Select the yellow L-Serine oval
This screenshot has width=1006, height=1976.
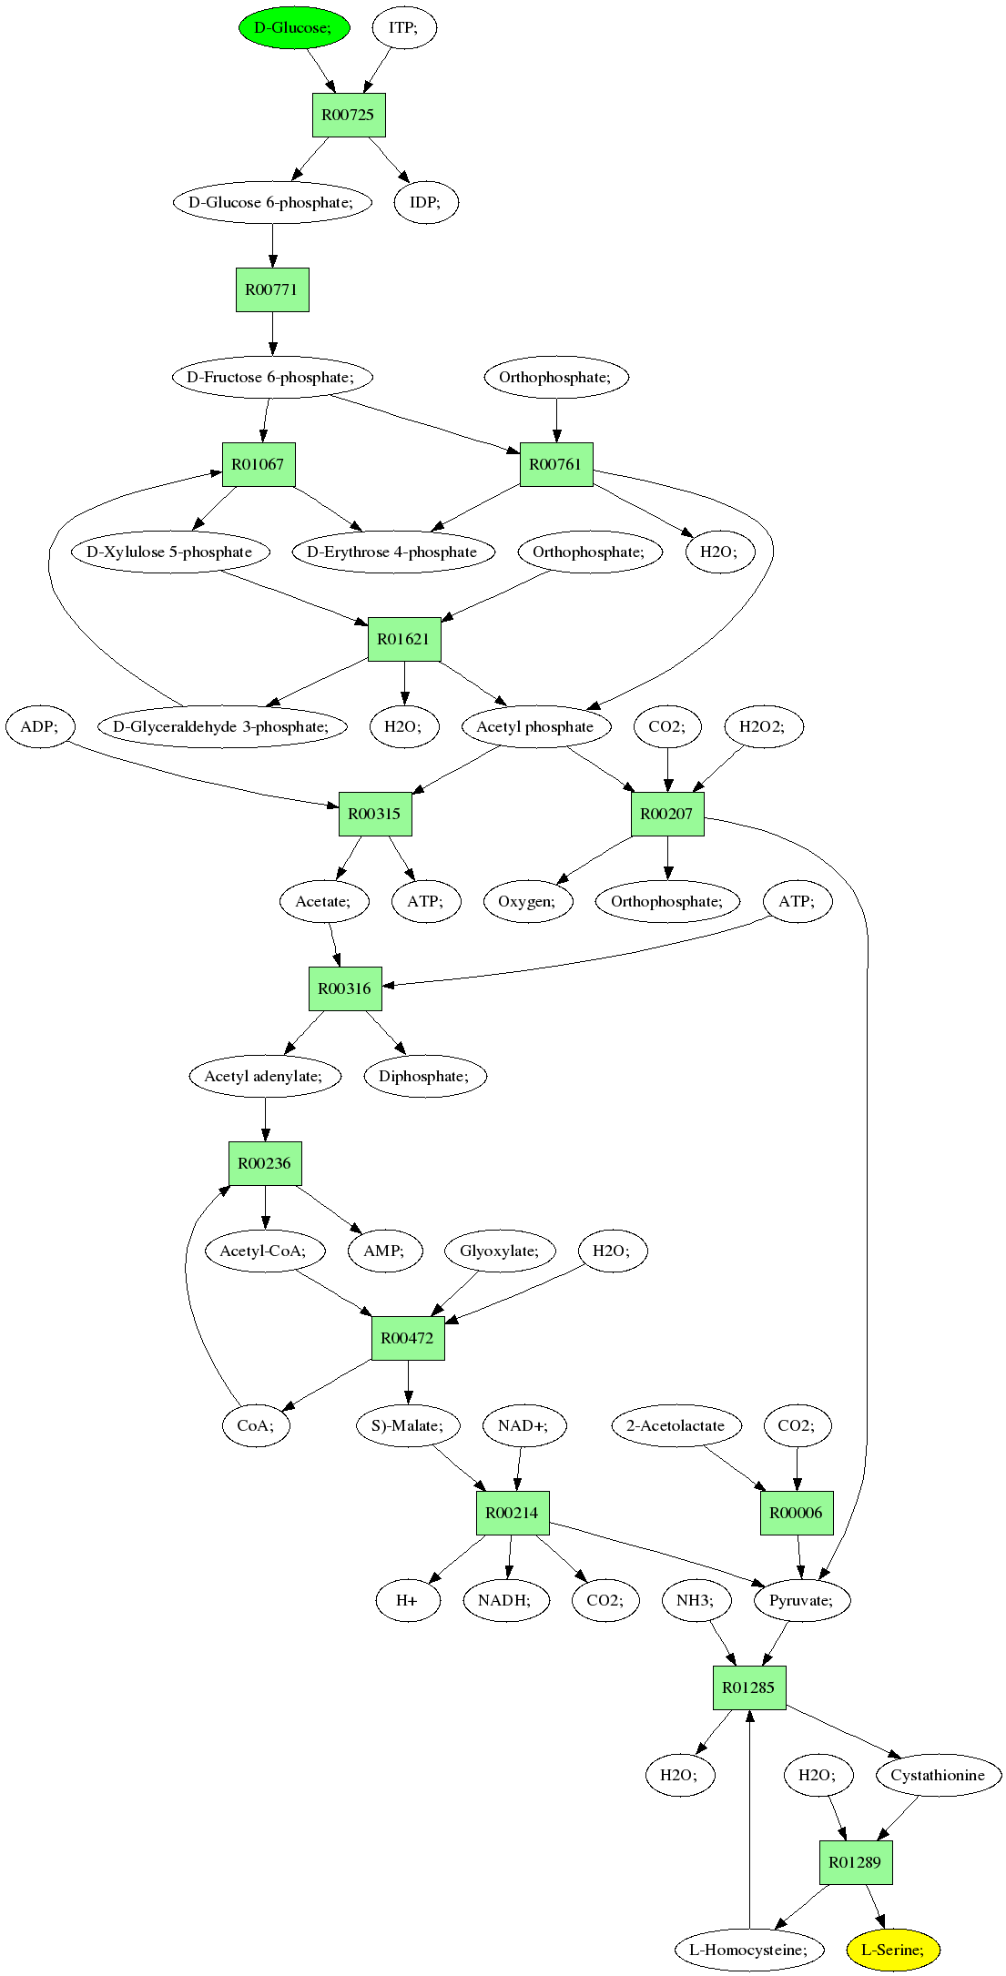pyautogui.click(x=892, y=1950)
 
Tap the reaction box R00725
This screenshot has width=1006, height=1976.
pyautogui.click(x=349, y=115)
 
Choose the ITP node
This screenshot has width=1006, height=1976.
pyautogui.click(x=404, y=27)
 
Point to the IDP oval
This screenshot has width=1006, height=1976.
pyautogui.click(x=426, y=202)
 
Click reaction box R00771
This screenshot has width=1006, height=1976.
pyautogui.click(x=272, y=289)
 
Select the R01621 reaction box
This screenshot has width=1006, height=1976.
pyautogui.click(x=404, y=639)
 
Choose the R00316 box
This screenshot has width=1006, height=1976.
pyautogui.click(x=345, y=988)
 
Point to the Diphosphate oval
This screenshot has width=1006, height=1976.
pyautogui.click(x=425, y=1076)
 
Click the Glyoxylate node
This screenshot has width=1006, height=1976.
pyautogui.click(x=500, y=1251)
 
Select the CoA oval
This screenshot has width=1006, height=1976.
pyautogui.click(x=255, y=1425)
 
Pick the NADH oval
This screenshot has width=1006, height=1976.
pyautogui.click(x=507, y=1600)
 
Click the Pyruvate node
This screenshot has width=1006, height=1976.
pyautogui.click(x=802, y=1600)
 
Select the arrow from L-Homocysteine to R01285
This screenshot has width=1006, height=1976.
pyautogui.click(x=749, y=1819)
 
